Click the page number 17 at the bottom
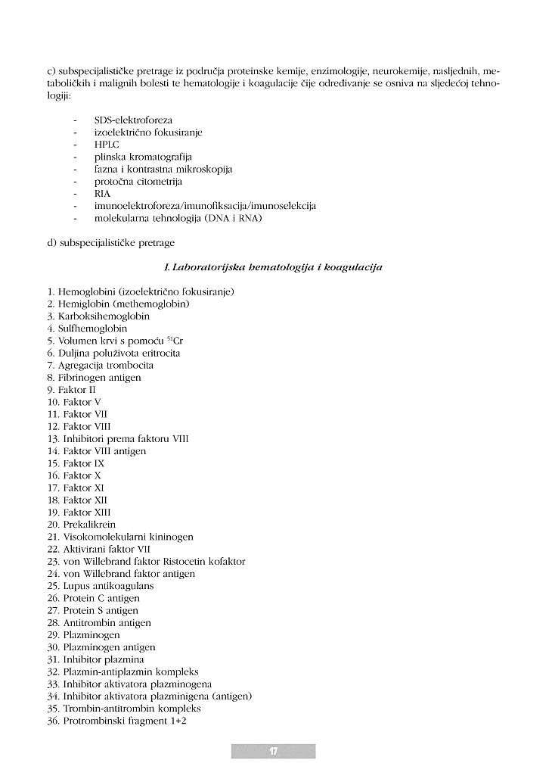pos(273,751)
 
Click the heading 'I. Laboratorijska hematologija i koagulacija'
pos(273,267)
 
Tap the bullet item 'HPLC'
pos(107,145)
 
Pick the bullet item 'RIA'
pos(102,194)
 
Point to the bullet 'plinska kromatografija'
pos(143,157)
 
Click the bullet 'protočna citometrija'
pos(138,182)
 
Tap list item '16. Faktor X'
pos(74,475)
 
